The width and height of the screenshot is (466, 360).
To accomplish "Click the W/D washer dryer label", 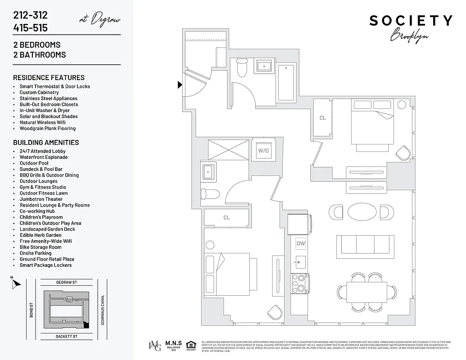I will click(x=263, y=151).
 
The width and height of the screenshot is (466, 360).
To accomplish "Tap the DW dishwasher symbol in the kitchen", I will click(x=300, y=244).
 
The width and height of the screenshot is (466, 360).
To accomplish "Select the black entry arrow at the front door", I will click(x=180, y=84).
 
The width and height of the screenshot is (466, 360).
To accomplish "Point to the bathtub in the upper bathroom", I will click(x=286, y=83).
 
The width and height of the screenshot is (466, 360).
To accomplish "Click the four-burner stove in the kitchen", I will click(x=299, y=283).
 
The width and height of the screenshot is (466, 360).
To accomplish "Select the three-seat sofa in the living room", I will click(x=365, y=246).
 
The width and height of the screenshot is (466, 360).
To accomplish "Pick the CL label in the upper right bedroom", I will click(x=322, y=118).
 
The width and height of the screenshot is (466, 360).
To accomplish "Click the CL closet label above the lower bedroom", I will click(x=226, y=218).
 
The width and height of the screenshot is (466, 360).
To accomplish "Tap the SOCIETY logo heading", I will click(x=411, y=21).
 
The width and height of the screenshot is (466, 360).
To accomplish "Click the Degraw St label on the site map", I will click(x=67, y=282).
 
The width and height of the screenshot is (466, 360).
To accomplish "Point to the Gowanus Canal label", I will click(x=103, y=310).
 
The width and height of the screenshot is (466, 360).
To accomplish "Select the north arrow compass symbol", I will click(x=16, y=283).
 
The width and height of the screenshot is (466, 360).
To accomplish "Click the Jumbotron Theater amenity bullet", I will click(x=41, y=199).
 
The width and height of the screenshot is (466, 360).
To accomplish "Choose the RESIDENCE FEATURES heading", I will click(x=49, y=77).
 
